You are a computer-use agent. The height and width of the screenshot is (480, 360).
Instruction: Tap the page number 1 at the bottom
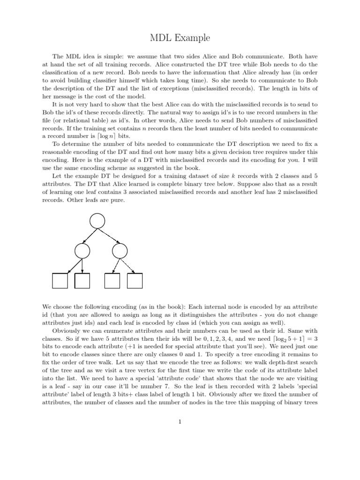[x=180, y=421]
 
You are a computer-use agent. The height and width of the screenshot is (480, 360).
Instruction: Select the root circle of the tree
[x=97, y=220]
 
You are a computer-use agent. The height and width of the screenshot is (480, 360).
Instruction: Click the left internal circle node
[x=82, y=251]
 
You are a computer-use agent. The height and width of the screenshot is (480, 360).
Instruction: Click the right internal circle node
[x=120, y=251]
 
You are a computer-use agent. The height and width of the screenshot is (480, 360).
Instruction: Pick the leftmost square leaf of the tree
[x=60, y=281]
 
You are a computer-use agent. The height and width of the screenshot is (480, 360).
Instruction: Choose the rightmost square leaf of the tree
[x=135, y=281]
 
